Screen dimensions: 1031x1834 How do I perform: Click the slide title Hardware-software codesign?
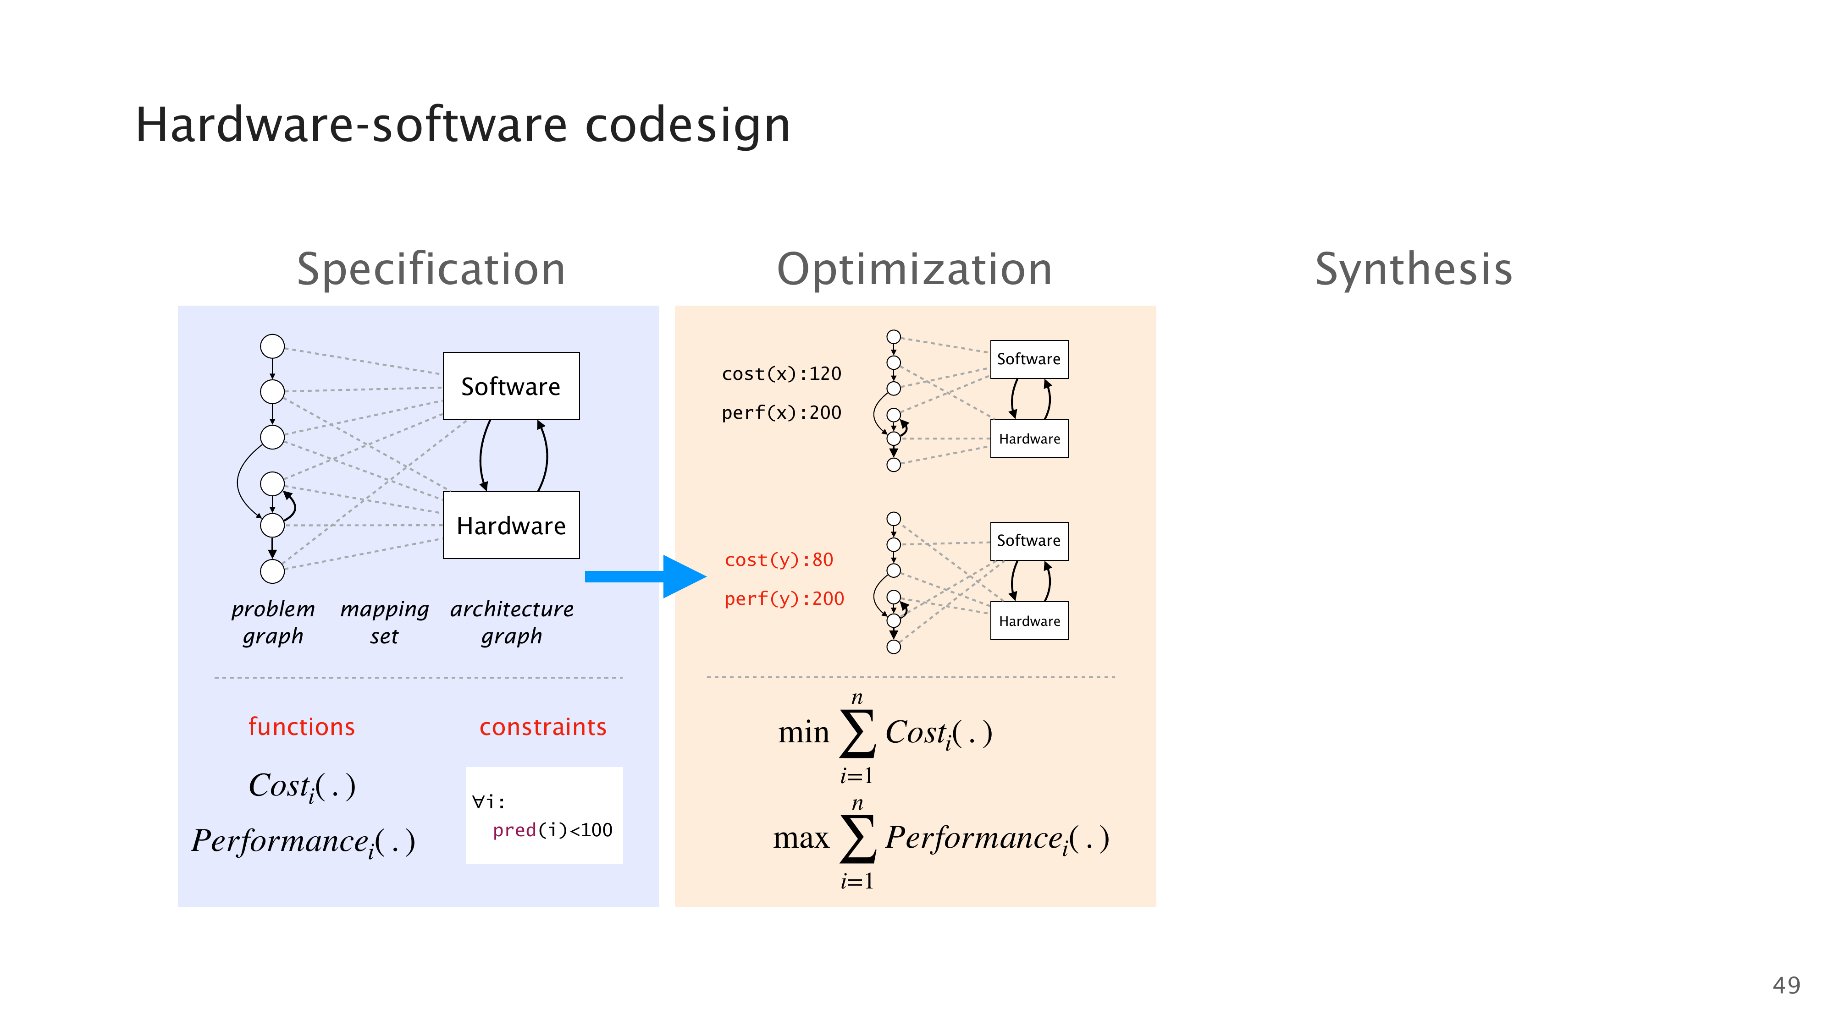[463, 125]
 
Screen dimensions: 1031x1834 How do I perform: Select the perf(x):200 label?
[781, 413]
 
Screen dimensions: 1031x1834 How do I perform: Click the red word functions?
[301, 726]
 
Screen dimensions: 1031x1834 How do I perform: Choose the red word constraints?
[542, 726]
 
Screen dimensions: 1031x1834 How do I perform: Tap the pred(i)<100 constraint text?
[552, 830]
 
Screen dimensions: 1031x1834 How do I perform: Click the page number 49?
[1785, 986]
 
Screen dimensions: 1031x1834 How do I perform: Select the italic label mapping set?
[385, 622]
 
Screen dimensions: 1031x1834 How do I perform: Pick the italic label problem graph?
[273, 622]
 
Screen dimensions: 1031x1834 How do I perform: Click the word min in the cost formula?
[803, 732]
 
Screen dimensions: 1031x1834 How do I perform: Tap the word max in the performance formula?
[801, 838]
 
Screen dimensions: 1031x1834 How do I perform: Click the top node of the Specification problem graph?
[272, 346]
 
